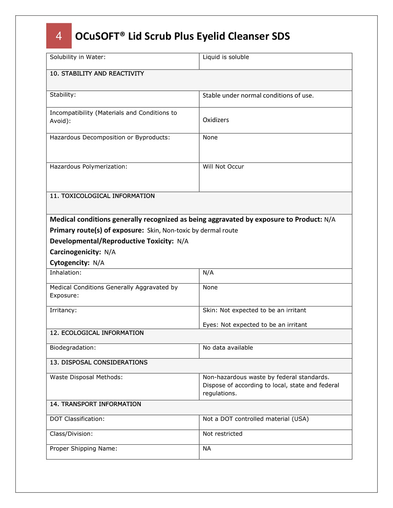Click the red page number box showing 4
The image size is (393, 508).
59,36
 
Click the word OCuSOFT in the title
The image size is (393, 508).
97,36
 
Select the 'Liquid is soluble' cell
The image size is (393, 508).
226,57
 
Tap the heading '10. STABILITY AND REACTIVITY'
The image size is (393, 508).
97,73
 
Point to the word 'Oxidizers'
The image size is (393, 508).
216,120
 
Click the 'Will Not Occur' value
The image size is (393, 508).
223,167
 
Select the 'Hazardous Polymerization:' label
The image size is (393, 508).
88,167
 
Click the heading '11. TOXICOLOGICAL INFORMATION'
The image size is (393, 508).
102,196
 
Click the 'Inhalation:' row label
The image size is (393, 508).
66,273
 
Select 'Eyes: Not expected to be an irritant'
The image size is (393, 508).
255,325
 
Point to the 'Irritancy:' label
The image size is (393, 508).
63,310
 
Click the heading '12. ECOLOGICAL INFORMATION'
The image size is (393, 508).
97,333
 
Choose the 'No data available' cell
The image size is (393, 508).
228,348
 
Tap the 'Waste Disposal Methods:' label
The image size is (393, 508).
86,377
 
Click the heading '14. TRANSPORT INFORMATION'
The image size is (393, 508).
95,404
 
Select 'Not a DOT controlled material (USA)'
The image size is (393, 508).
255,419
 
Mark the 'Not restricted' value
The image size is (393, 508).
222,434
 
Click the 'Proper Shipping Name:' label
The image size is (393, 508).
83,449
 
